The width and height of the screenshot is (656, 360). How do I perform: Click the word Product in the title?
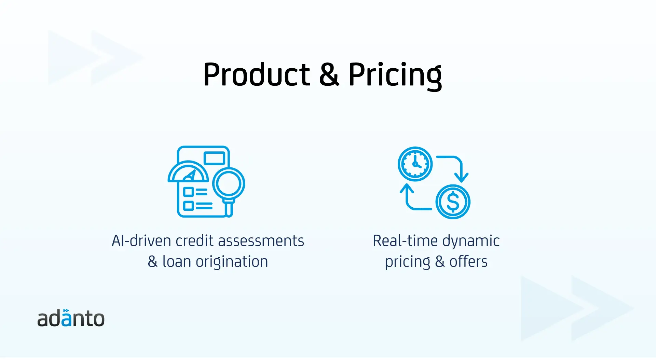pyautogui.click(x=257, y=74)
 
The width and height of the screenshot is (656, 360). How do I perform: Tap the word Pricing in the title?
pyautogui.click(x=395, y=76)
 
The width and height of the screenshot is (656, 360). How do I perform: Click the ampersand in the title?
pyautogui.click(x=329, y=74)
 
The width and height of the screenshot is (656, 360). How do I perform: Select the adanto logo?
pyautogui.click(x=71, y=318)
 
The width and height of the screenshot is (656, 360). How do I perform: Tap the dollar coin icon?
pyautogui.click(x=453, y=202)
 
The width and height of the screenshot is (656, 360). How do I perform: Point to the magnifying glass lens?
pyautogui.click(x=229, y=183)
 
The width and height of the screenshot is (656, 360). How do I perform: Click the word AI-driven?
pyautogui.click(x=141, y=241)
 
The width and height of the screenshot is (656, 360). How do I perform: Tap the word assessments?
pyautogui.click(x=261, y=241)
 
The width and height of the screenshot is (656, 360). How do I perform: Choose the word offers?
pyautogui.click(x=468, y=262)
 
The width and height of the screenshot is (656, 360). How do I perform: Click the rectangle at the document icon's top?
pyautogui.click(x=214, y=158)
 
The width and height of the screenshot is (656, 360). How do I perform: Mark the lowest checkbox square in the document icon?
pyautogui.click(x=189, y=206)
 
